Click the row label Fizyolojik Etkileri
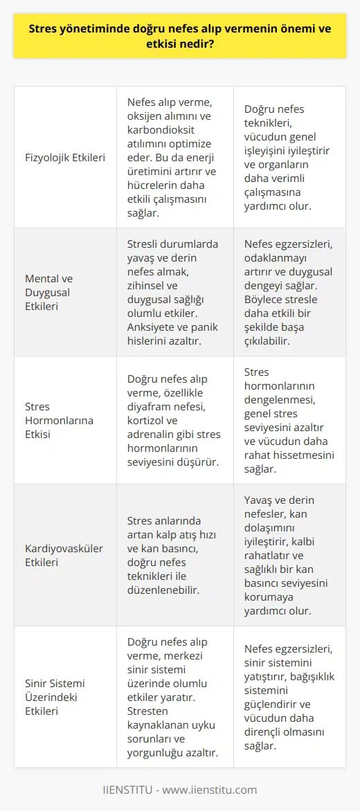tap(66, 157)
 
